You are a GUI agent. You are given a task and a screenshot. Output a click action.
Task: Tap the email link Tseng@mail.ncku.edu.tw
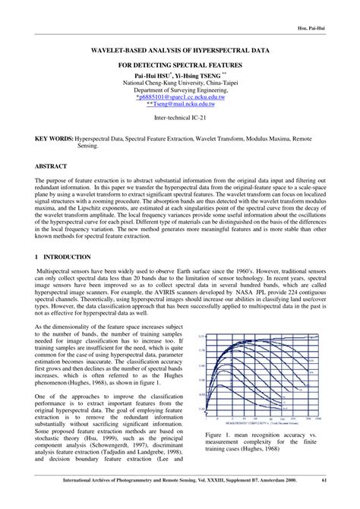click(181, 106)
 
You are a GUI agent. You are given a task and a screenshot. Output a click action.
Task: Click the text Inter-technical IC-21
click(179, 120)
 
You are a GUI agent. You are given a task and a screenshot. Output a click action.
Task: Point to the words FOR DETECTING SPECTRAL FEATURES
click(179, 66)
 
